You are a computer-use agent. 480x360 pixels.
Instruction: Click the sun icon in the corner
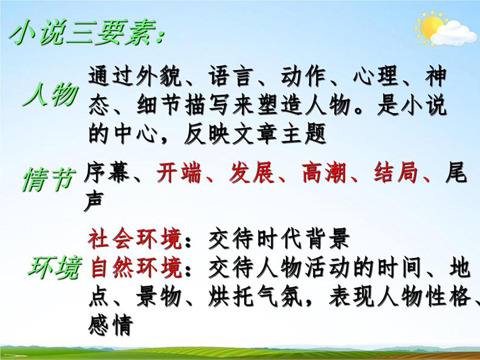(431, 27)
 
